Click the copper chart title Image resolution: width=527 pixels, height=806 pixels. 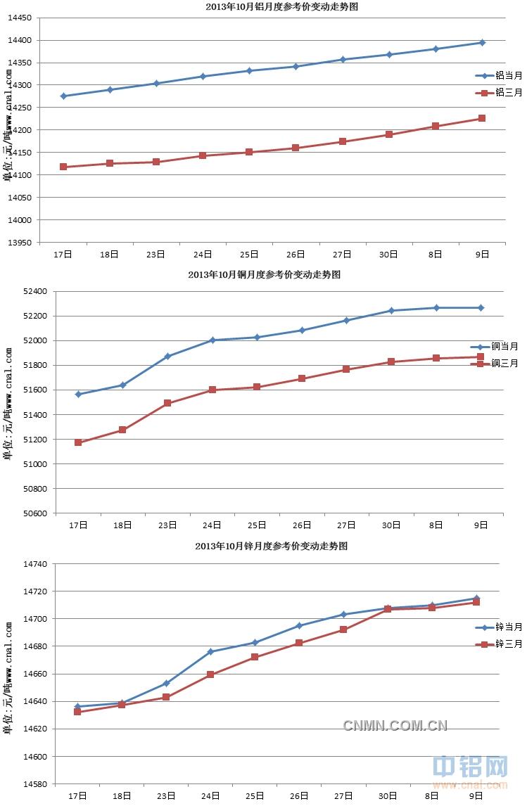(264, 275)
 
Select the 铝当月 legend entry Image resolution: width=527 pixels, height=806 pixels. (499, 75)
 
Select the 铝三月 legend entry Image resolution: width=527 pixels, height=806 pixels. (499, 93)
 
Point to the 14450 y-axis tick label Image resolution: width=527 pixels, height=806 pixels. (20, 18)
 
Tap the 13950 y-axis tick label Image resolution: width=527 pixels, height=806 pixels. (20, 243)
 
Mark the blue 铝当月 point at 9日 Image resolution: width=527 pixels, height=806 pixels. (482, 43)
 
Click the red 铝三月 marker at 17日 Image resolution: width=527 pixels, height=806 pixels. (63, 167)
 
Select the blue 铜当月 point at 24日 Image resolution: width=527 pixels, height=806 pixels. (212, 340)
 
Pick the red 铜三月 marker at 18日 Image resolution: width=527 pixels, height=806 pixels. (122, 430)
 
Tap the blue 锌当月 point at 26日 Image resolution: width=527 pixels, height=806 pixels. (299, 626)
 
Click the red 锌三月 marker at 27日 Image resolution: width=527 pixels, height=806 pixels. (343, 629)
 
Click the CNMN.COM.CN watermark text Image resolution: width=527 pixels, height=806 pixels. (395, 726)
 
